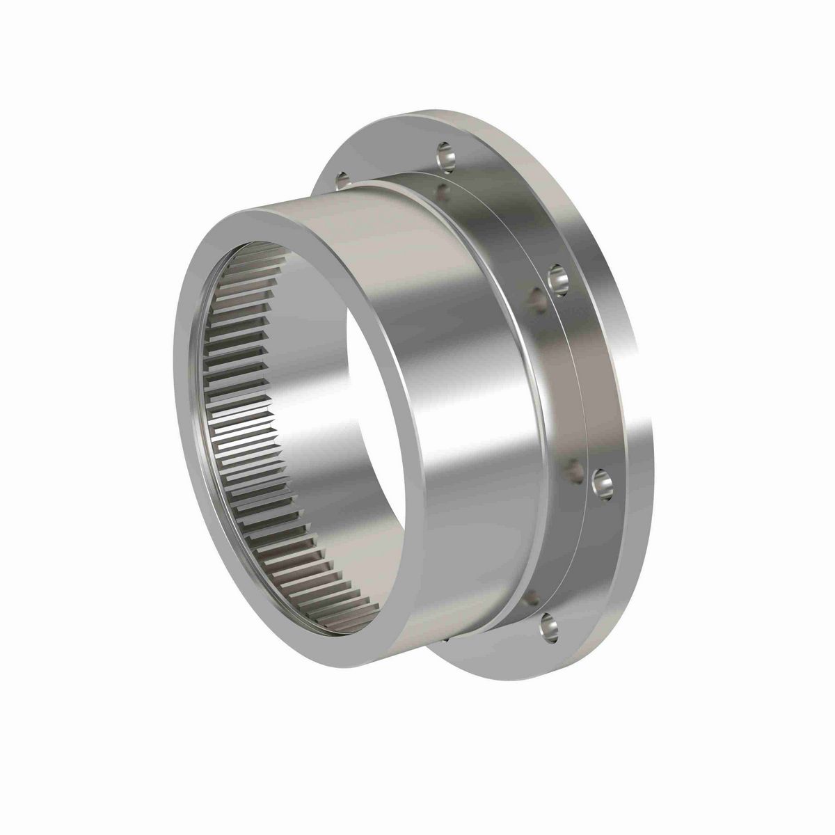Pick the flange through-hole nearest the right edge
[x=602, y=483]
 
